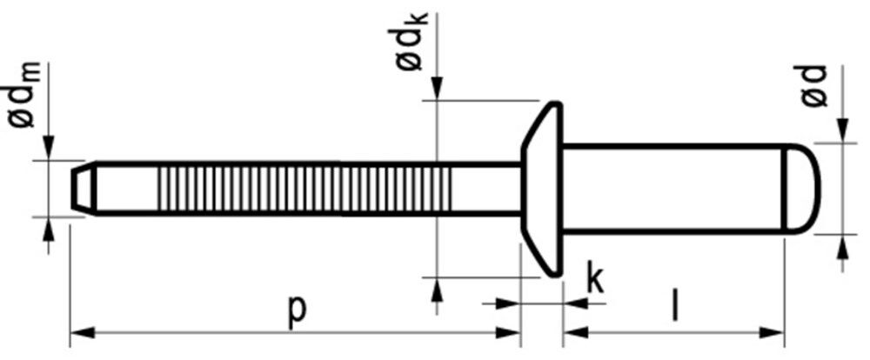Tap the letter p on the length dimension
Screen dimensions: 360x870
click(296, 310)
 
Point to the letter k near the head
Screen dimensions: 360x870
click(594, 279)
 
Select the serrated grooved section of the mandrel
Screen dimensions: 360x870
click(304, 188)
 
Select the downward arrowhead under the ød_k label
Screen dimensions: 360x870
click(437, 88)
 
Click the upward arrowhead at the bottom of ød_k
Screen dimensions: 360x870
click(437, 290)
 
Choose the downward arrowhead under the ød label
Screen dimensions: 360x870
click(841, 130)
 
